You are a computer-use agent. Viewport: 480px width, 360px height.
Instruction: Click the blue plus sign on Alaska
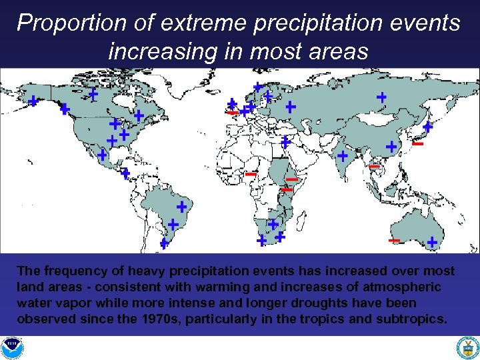(33, 101)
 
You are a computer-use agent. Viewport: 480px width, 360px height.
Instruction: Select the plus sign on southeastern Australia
(432, 242)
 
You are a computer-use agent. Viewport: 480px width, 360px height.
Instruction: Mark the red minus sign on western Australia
(394, 240)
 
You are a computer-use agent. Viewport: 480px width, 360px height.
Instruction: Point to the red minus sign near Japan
(418, 143)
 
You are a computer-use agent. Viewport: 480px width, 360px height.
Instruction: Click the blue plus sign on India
(342, 156)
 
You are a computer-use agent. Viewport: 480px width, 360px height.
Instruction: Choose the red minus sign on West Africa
(251, 174)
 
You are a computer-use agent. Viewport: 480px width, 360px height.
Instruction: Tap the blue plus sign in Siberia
(381, 97)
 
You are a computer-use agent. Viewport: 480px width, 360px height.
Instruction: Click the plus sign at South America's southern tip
(164, 244)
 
